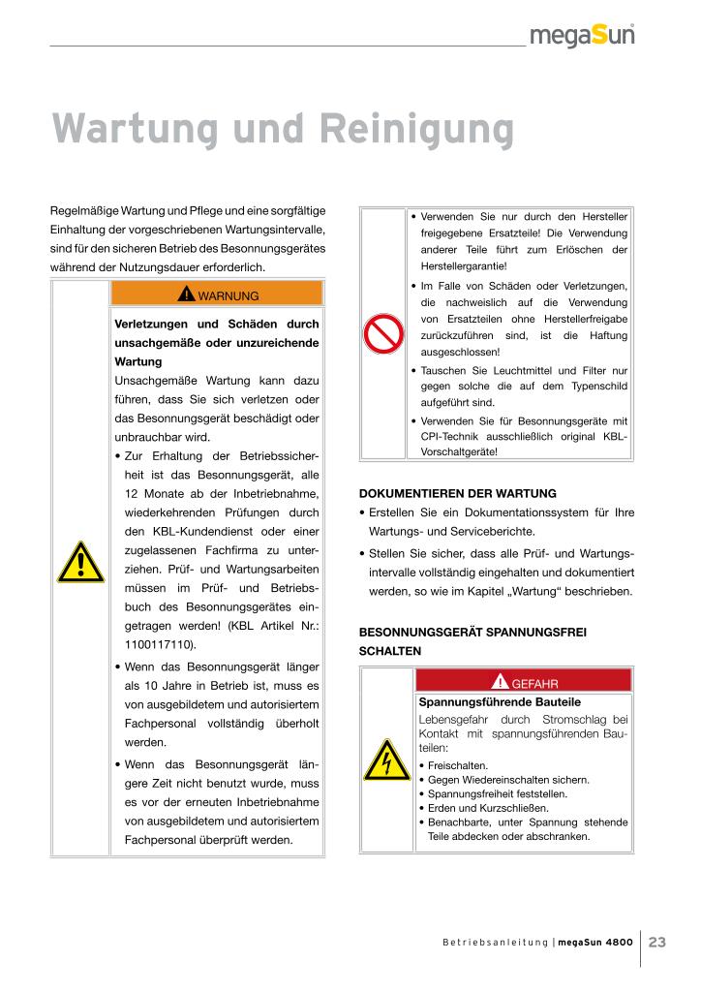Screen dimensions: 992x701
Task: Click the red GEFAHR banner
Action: point(523,682)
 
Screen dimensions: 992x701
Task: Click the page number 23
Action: point(657,942)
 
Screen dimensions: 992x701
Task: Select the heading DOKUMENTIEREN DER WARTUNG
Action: point(458,493)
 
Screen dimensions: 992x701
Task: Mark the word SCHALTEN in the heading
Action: point(389,652)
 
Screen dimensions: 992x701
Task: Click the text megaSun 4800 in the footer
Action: point(594,943)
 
